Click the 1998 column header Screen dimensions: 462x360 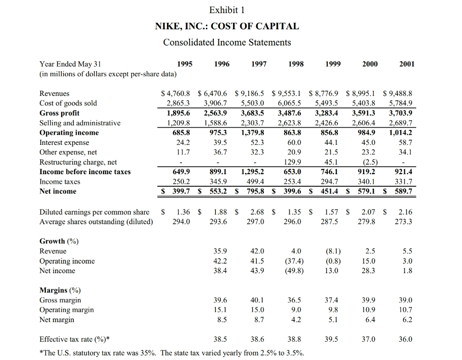click(x=296, y=64)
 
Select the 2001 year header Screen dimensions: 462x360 click(x=407, y=64)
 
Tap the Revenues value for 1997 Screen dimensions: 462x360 click(x=250, y=93)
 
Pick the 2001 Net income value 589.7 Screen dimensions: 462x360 click(x=403, y=191)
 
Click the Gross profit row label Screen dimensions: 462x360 click(x=60, y=113)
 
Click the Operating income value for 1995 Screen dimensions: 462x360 click(x=181, y=133)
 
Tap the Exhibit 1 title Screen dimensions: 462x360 click(x=227, y=10)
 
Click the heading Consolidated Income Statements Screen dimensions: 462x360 click(x=227, y=42)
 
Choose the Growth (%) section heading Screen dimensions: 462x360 click(x=59, y=241)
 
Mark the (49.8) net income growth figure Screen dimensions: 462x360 click(x=294, y=271)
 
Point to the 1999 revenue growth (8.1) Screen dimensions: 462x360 click(x=333, y=251)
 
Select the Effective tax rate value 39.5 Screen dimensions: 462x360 click(x=331, y=339)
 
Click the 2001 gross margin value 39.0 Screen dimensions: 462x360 click(x=406, y=300)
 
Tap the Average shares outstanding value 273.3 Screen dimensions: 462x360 click(x=403, y=222)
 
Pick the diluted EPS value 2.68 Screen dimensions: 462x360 click(x=257, y=212)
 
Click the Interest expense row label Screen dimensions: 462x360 click(x=64, y=143)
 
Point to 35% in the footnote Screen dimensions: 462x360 click(x=148, y=353)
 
